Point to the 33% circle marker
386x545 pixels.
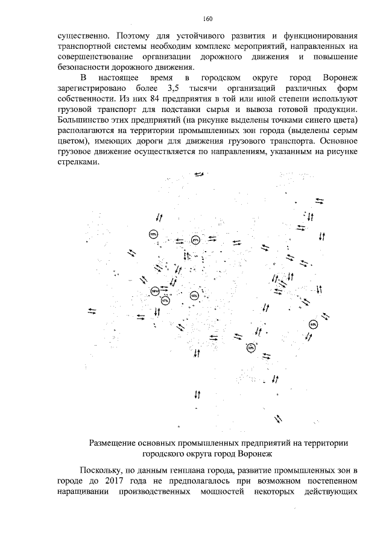251,347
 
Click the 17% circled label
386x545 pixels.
165,299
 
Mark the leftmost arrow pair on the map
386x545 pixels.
92,310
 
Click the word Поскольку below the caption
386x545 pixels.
101,469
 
